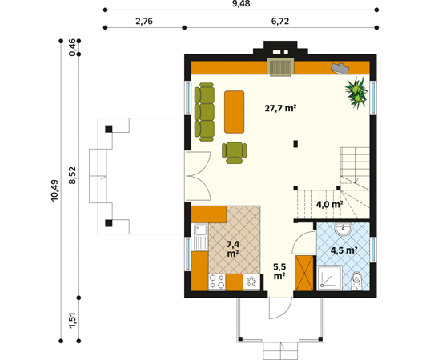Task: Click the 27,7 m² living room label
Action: (280, 108)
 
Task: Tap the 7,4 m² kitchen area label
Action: (233, 249)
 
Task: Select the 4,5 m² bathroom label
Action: (344, 250)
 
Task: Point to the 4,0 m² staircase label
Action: (329, 204)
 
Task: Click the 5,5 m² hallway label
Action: (279, 271)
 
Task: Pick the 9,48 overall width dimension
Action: (241, 3)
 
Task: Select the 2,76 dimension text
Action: (144, 21)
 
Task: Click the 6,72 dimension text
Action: (280, 21)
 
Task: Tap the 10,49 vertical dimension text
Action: (54, 190)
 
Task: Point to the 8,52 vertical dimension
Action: (72, 175)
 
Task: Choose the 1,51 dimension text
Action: (72, 319)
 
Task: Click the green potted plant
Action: (356, 93)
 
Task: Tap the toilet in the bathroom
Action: (356, 281)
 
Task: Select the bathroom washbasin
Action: (343, 229)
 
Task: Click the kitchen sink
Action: (201, 238)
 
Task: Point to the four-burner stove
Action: (217, 282)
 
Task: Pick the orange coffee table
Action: (234, 112)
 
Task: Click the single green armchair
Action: (234, 153)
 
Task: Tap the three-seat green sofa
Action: (204, 112)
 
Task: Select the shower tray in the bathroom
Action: (329, 278)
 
